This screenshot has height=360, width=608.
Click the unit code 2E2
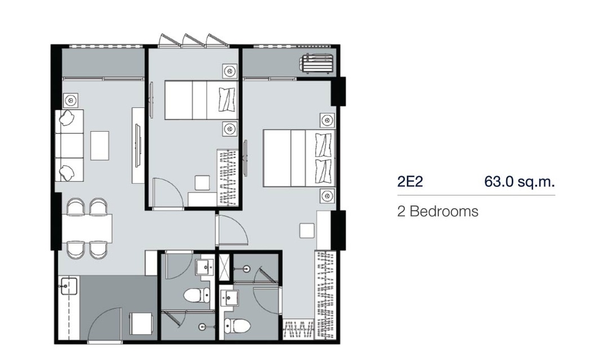(x=410, y=181)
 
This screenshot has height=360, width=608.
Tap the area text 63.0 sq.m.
(x=520, y=181)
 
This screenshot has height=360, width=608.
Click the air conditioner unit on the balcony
(x=316, y=64)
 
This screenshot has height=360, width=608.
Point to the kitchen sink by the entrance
(x=69, y=286)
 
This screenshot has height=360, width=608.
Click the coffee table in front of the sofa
(x=100, y=146)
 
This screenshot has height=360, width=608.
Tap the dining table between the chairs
(x=87, y=228)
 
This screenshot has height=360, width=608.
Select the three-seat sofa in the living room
(x=70, y=145)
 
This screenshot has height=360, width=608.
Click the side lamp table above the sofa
(x=70, y=101)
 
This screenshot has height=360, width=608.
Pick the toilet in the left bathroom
(x=196, y=296)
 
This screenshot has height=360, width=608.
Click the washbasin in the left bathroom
(x=204, y=267)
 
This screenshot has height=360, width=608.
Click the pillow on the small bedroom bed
(x=227, y=99)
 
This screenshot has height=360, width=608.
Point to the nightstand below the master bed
(x=327, y=196)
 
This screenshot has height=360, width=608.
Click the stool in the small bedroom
(x=202, y=183)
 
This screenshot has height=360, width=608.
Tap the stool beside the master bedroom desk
(x=307, y=231)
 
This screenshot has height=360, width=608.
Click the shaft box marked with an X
(x=223, y=267)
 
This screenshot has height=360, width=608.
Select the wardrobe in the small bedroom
(x=227, y=178)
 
